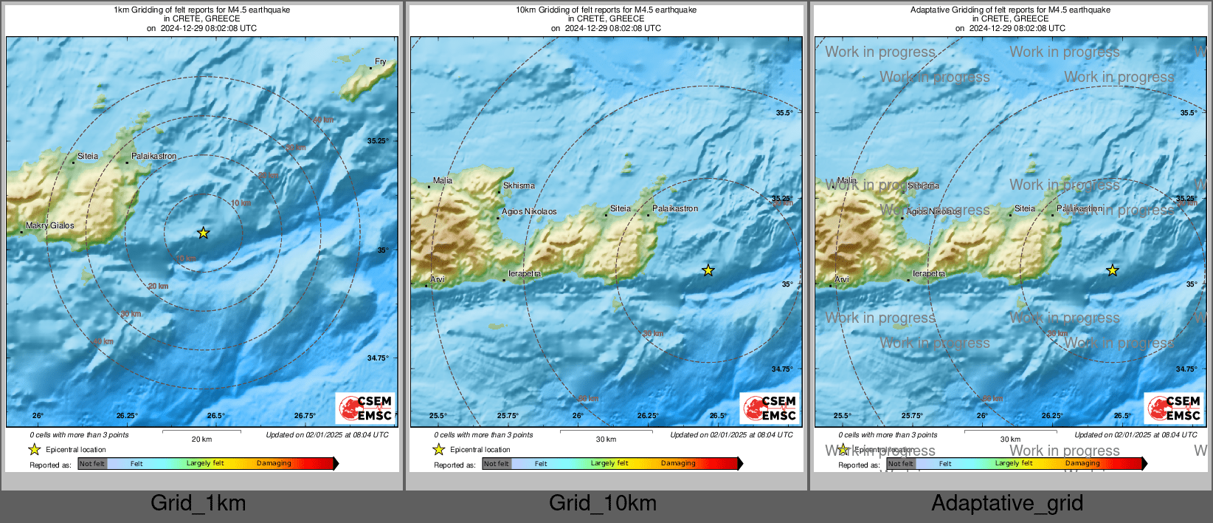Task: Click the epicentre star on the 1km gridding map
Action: tap(204, 233)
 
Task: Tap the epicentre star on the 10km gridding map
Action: tap(708, 271)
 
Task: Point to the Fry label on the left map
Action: tap(380, 62)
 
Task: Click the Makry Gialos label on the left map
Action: tap(50, 226)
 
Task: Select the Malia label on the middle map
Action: tap(443, 180)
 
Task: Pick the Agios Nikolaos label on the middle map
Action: tap(529, 212)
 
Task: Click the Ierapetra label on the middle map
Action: tap(525, 274)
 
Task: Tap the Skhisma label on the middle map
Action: tap(519, 186)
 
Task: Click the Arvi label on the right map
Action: tap(842, 280)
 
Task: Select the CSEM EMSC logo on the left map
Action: tap(365, 409)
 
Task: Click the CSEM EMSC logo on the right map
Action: tap(1174, 409)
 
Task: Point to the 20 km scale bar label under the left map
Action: tap(201, 440)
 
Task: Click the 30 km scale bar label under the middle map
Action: tap(606, 440)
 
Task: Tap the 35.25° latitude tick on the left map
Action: tap(378, 141)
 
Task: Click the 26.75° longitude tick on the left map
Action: tap(305, 416)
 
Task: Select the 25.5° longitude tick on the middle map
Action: tap(438, 416)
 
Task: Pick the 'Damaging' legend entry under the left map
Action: tap(274, 464)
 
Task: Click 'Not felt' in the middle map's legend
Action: tap(497, 464)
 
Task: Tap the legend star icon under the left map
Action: tap(34, 449)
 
